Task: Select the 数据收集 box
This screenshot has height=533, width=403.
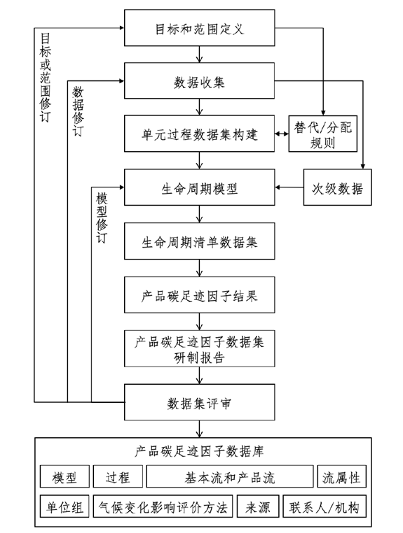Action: [200, 82]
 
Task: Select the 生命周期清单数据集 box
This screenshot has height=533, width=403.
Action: [200, 242]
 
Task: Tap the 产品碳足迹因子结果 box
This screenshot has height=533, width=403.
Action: [200, 294]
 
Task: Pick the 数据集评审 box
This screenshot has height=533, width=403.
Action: [200, 404]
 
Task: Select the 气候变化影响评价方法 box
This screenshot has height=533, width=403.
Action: [164, 507]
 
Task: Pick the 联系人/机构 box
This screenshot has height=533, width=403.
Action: [324, 507]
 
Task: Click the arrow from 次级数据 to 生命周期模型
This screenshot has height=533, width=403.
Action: [289, 188]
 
